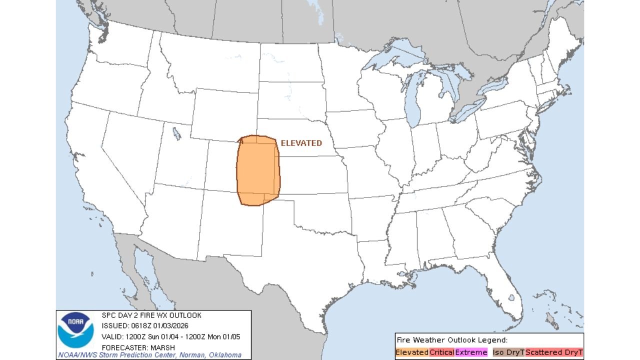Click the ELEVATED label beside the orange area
[301, 143]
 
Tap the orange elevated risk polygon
[257, 170]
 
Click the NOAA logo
[75, 330]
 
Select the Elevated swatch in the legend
[412, 352]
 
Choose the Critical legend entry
[442, 352]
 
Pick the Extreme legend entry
[471, 352]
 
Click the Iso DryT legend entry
[508, 352]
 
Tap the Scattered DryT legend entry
[554, 352]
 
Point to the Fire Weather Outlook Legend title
[451, 339]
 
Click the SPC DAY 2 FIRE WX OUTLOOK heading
[151, 315]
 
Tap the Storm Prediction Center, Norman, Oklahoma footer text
[149, 355]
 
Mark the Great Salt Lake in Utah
[176, 133]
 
